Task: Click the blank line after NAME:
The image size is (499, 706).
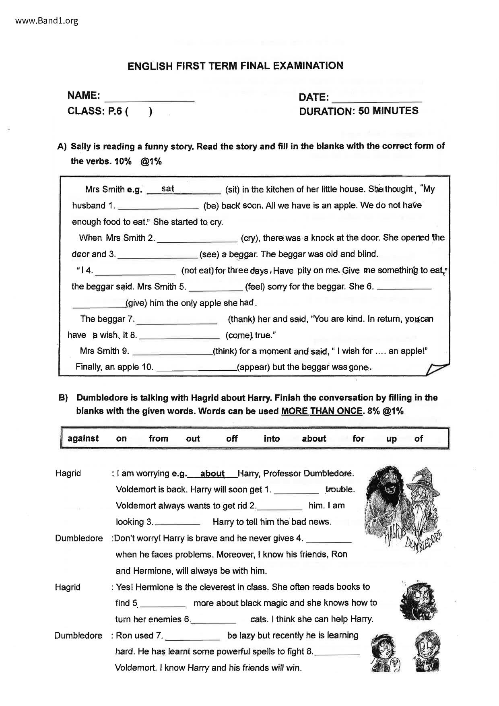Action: [149, 98]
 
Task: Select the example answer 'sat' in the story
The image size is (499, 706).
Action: [167, 188]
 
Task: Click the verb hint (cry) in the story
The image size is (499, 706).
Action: [250, 238]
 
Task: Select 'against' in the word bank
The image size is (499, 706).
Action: [83, 438]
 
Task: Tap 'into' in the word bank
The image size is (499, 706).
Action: [272, 439]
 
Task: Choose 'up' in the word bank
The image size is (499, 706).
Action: [391, 439]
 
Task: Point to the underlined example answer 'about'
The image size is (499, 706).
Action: [212, 473]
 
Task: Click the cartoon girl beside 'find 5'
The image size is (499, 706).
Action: [419, 601]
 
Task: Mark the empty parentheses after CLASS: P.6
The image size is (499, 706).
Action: [139, 111]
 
